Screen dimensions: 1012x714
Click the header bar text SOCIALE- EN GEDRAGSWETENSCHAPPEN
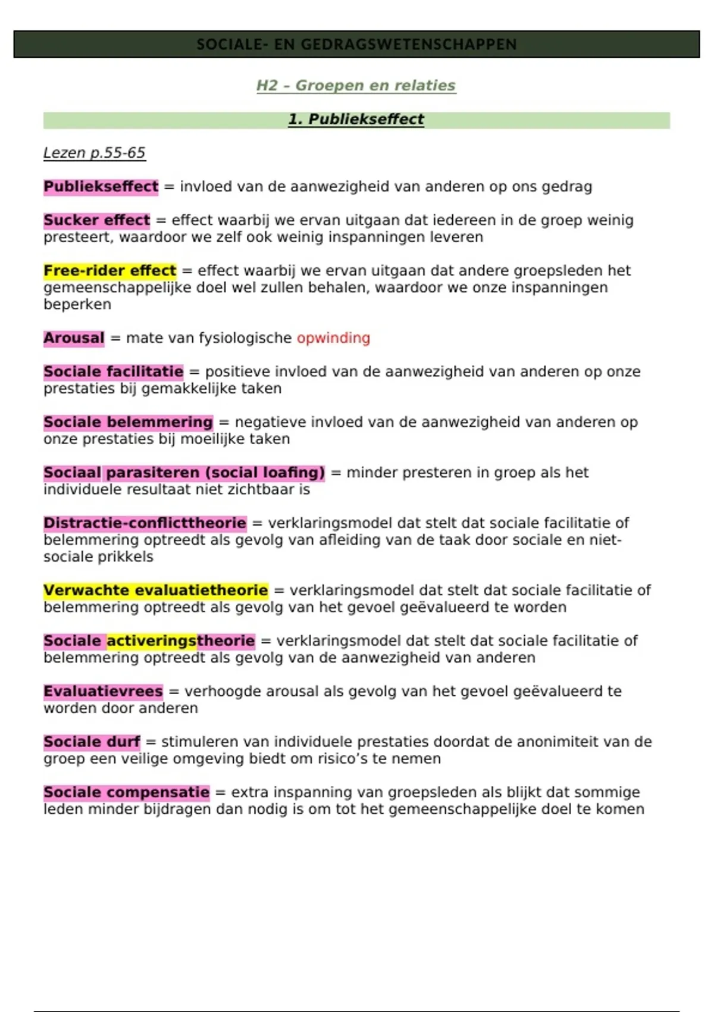tap(356, 45)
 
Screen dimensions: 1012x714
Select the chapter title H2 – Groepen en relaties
tap(356, 86)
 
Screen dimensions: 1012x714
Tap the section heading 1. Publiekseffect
tap(356, 120)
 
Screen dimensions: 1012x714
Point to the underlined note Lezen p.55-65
tap(94, 153)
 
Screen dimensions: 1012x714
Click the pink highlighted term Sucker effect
tap(96, 220)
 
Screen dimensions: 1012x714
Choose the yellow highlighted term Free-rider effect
tap(109, 271)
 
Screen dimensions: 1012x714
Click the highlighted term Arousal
tap(74, 338)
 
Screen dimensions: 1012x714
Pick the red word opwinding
tap(333, 338)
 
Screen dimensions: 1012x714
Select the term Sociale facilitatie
tap(113, 372)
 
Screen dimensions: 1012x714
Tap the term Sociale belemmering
tap(128, 423)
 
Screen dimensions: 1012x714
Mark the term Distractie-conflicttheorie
tap(145, 523)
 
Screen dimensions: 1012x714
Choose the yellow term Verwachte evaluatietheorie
tap(155, 591)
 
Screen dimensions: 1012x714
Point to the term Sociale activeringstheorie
tap(149, 641)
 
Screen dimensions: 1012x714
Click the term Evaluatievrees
tap(103, 692)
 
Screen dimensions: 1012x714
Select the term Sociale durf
tap(92, 742)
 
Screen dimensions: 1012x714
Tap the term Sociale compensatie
tap(126, 793)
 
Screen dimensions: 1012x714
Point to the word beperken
tap(77, 305)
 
